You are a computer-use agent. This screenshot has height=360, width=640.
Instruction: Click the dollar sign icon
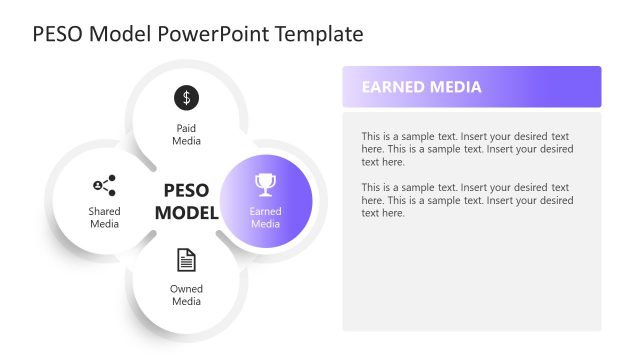click(186, 97)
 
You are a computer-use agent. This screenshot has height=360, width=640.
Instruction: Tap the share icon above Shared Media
click(104, 185)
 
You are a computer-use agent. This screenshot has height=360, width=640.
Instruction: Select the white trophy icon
click(265, 184)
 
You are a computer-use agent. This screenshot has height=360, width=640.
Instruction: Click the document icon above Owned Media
click(186, 260)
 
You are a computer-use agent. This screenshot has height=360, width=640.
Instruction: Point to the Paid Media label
click(186, 134)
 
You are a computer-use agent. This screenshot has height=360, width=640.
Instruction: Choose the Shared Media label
click(104, 217)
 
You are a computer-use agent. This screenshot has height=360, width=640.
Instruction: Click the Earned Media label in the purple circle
click(265, 217)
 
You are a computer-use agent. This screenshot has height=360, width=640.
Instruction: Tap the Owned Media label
click(186, 295)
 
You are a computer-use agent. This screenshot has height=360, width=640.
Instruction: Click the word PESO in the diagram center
click(185, 190)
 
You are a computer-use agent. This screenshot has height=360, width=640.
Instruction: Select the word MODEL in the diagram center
click(185, 212)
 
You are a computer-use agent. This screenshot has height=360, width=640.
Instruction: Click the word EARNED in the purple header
click(393, 87)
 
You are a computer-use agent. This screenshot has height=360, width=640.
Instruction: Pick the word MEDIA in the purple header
click(455, 87)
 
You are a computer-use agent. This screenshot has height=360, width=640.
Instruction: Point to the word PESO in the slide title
click(57, 34)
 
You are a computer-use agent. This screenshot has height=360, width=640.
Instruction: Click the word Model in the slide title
click(120, 34)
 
